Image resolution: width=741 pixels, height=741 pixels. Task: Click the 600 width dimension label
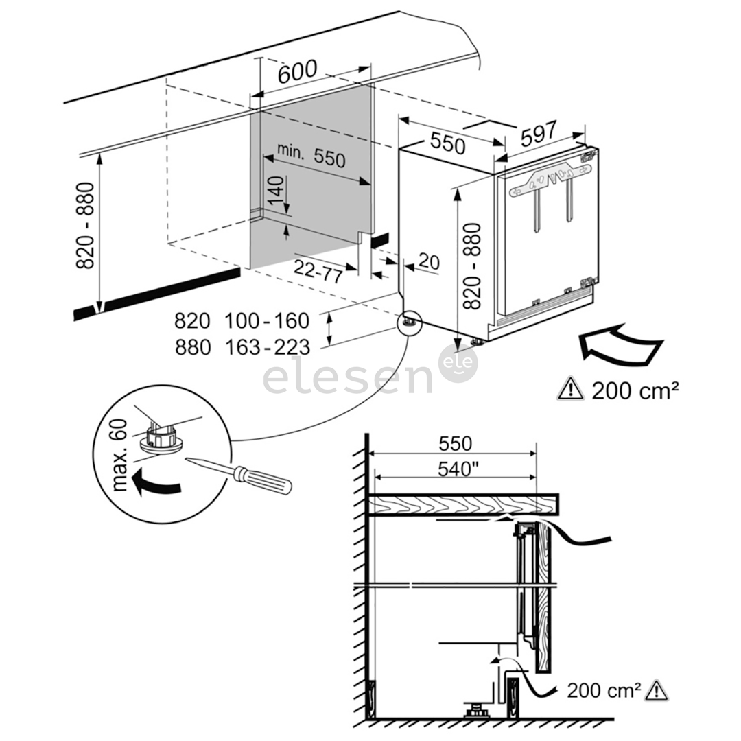298,71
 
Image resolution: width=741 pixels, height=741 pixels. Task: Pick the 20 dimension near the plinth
428,261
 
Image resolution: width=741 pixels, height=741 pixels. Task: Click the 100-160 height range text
267,320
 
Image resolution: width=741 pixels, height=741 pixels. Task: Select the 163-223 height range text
267,348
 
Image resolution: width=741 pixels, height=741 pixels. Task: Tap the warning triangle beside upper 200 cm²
571,390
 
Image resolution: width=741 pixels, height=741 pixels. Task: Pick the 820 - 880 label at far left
88,227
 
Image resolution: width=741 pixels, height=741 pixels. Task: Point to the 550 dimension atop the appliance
447,143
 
